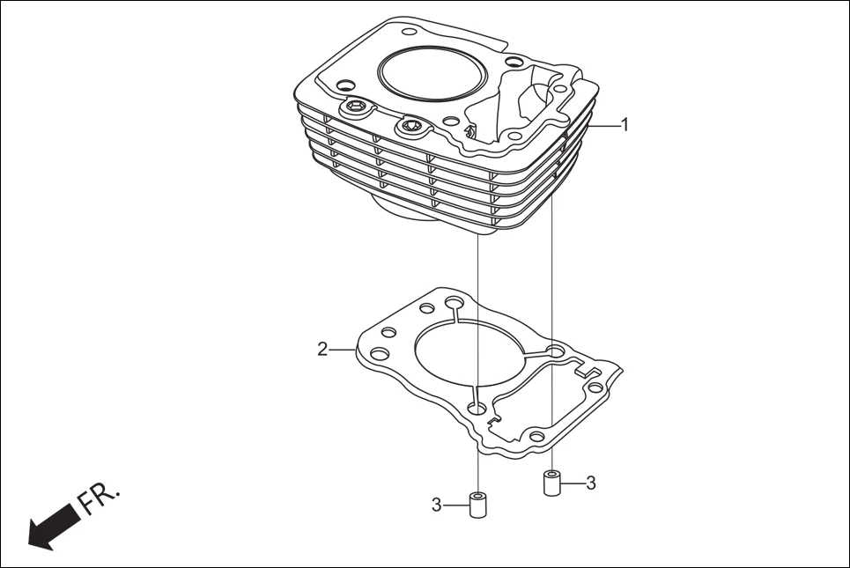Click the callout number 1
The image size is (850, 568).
click(x=625, y=125)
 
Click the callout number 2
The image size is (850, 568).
click(x=322, y=350)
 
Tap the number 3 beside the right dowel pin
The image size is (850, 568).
click(x=591, y=483)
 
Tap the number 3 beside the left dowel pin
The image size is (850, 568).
click(x=436, y=505)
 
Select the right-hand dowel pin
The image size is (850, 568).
click(x=551, y=483)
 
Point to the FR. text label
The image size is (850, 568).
click(x=98, y=498)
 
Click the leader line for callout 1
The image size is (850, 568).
click(x=607, y=126)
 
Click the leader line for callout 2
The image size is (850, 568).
click(x=343, y=350)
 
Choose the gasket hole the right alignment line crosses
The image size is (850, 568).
click(x=553, y=352)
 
